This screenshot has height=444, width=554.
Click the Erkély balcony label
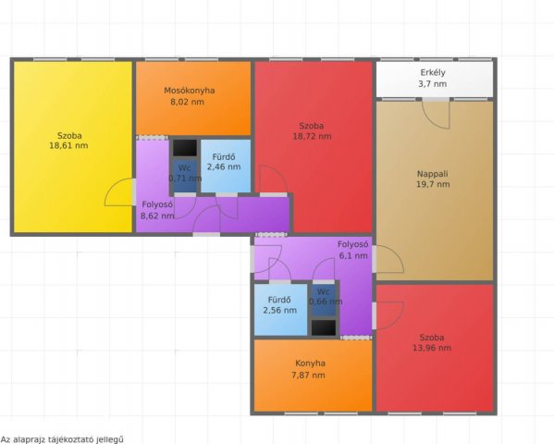(433, 73)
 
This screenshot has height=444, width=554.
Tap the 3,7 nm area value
(433, 84)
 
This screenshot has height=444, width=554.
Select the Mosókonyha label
(190, 91)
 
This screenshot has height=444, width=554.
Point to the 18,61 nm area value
(68, 145)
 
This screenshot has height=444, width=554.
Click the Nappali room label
(433, 174)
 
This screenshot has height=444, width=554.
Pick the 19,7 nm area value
(433, 184)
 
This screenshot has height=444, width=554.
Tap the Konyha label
(310, 364)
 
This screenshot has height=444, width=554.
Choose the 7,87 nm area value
(308, 375)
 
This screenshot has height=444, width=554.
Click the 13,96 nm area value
(432, 348)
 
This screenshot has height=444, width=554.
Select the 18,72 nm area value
(312, 137)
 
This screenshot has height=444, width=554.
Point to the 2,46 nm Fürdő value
(224, 166)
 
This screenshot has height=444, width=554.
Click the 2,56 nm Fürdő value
(280, 311)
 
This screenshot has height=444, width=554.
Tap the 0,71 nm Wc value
(185, 179)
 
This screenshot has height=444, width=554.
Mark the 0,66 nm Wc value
(326, 302)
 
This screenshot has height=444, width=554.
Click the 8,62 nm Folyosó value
(157, 216)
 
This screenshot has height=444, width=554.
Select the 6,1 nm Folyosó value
(353, 255)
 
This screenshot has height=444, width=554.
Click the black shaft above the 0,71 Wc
(185, 148)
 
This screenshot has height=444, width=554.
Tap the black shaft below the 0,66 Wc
(324, 327)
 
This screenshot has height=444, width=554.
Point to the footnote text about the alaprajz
(62, 439)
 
